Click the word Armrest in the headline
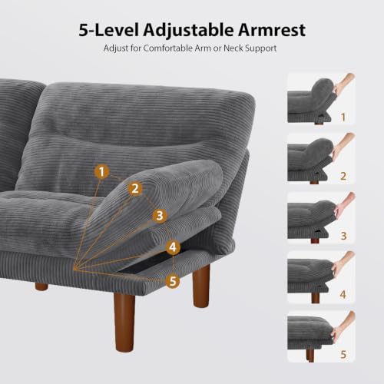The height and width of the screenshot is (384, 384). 272,30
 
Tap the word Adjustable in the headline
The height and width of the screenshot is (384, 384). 188,31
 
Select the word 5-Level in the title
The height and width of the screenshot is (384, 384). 109,30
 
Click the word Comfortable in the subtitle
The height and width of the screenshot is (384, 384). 167,48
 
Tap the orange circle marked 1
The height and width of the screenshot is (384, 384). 101,172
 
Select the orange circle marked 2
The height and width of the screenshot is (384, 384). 135,189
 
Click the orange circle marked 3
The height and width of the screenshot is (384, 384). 160,216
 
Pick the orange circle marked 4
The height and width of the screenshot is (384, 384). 173,247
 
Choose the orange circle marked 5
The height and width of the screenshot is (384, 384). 173,281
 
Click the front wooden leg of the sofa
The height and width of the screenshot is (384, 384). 124,323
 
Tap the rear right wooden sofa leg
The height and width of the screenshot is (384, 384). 201,286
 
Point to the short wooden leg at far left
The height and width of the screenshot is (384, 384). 41,286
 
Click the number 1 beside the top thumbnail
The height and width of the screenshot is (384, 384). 343,118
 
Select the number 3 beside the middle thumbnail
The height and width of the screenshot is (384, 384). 343,236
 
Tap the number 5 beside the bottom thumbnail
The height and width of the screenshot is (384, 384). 343,354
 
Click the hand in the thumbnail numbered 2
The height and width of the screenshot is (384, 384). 342,147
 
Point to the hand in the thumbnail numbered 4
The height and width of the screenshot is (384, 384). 343,264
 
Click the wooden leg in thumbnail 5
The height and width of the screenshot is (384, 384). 310,356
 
